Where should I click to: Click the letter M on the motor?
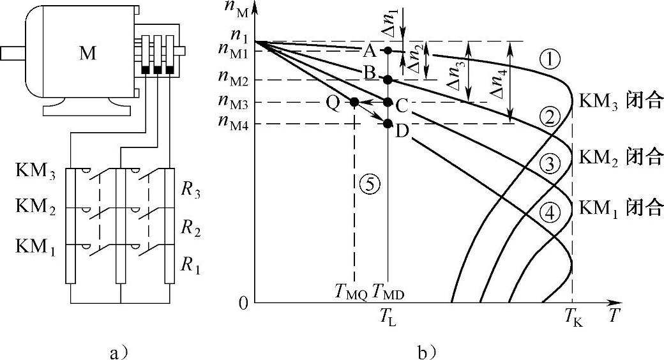tap(89, 53)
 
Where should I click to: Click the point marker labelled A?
tap(388, 50)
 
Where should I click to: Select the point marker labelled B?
tap(388, 80)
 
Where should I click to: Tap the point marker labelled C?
tap(388, 102)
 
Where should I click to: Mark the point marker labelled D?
tap(388, 123)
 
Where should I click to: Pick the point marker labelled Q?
tap(354, 102)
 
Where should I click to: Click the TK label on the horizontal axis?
tap(573, 315)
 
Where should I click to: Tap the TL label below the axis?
tap(388, 315)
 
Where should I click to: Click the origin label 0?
tap(242, 303)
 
